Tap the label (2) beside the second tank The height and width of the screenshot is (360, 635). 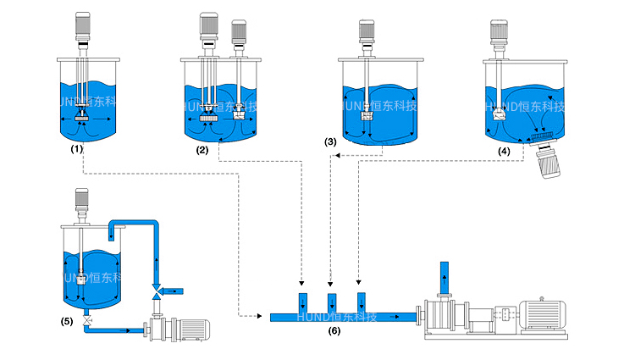(x=202, y=151)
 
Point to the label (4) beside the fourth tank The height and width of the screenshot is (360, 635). (x=504, y=151)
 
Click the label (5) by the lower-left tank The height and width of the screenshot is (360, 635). (x=67, y=321)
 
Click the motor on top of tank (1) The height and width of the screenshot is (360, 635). (x=82, y=27)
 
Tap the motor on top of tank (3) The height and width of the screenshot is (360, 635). (x=367, y=31)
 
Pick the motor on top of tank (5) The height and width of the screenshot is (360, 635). (x=82, y=201)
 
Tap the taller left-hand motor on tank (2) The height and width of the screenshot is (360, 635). (x=207, y=27)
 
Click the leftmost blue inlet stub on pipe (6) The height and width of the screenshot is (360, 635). (x=301, y=302)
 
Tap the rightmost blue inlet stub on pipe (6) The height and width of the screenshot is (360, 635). (x=362, y=302)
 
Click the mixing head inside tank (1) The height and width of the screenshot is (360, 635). (x=82, y=111)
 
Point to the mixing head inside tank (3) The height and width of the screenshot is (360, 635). (x=367, y=116)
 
